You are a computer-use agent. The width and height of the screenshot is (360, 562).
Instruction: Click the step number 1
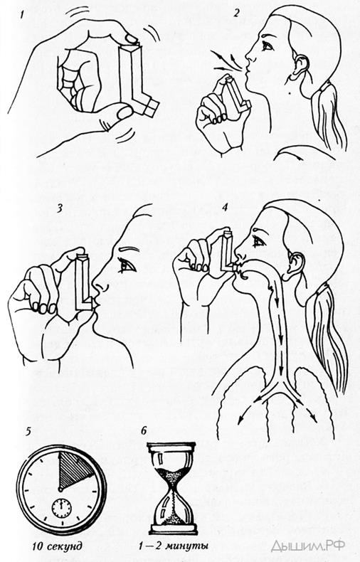pyautogui.click(x=23, y=15)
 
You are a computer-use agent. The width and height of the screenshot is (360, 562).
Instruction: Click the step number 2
pyautogui.click(x=236, y=14)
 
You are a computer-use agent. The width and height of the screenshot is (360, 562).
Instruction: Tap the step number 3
pyautogui.click(x=60, y=209)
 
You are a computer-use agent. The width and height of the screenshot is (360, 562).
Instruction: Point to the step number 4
pyautogui.click(x=226, y=208)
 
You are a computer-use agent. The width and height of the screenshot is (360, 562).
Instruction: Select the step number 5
pyautogui.click(x=28, y=431)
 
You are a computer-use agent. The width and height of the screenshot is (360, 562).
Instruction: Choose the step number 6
pyautogui.click(x=144, y=430)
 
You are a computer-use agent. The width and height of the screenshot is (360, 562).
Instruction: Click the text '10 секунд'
pyautogui.click(x=58, y=546)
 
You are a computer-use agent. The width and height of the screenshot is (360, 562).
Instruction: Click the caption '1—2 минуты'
pyautogui.click(x=174, y=546)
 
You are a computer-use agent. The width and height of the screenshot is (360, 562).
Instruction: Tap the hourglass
pyautogui.click(x=173, y=489)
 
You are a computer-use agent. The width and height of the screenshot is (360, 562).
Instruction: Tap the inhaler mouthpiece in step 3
pyautogui.click(x=94, y=303)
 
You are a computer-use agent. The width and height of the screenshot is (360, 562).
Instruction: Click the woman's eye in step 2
pyautogui.click(x=268, y=46)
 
